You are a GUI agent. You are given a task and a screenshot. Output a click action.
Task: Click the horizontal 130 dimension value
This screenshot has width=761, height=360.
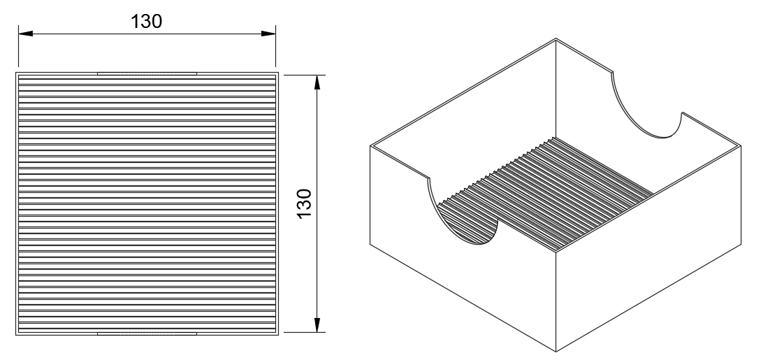(x=146, y=22)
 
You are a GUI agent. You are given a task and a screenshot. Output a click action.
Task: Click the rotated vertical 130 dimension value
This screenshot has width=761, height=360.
(x=304, y=204)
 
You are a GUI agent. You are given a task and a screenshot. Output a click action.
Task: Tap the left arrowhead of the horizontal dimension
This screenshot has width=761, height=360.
(x=26, y=34)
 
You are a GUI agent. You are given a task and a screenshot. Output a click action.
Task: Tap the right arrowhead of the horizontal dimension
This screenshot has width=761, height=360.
(x=268, y=34)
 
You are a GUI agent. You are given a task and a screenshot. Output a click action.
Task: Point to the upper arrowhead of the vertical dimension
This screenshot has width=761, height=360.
(x=317, y=82)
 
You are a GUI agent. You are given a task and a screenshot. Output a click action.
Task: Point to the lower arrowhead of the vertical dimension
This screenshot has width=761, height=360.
(x=317, y=325)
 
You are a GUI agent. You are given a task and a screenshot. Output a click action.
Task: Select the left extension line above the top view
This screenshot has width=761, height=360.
(x=18, y=46)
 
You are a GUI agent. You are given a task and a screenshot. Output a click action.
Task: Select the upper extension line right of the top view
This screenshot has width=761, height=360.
(x=304, y=75)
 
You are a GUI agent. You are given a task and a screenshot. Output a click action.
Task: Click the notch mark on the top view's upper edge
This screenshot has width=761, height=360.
(x=147, y=73)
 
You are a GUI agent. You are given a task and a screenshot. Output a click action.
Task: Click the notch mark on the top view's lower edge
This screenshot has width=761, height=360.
(x=147, y=334)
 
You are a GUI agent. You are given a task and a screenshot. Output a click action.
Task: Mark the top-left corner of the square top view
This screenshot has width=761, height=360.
(x=16, y=73)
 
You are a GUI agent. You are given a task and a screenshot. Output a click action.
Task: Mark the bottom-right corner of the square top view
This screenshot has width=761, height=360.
(x=279, y=336)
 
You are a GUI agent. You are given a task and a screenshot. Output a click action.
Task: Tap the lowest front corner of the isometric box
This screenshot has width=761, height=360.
(x=556, y=352)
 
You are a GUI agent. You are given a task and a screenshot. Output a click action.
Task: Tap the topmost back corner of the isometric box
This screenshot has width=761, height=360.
(x=556, y=39)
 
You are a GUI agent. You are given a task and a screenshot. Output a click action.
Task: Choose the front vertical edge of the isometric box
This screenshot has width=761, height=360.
(x=556, y=301)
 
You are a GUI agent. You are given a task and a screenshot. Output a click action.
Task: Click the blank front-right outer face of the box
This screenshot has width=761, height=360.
(x=648, y=248)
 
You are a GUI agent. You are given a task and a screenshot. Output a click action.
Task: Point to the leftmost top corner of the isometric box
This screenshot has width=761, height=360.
(x=370, y=145)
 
